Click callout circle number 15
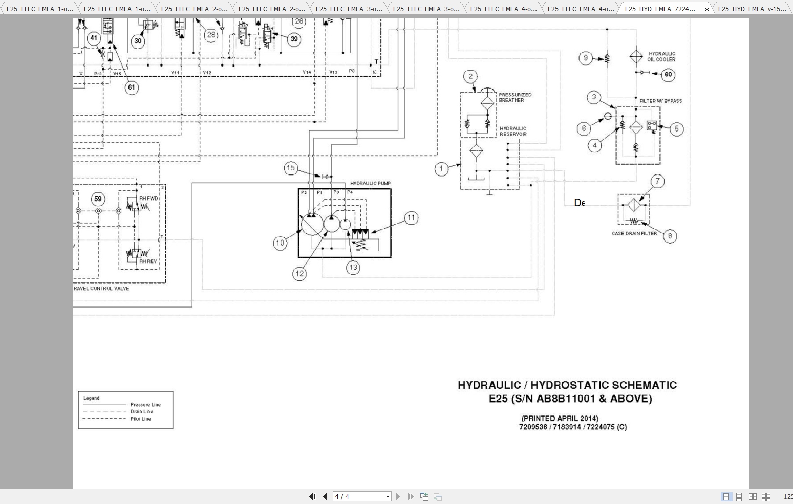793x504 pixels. click(x=291, y=168)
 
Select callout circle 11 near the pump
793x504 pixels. click(x=411, y=218)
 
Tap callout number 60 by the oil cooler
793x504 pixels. click(x=668, y=75)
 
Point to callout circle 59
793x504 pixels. click(x=98, y=199)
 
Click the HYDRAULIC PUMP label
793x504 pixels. click(x=370, y=183)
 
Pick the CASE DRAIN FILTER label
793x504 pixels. click(x=634, y=234)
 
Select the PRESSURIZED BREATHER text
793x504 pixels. click(x=515, y=98)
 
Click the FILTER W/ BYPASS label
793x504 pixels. click(x=660, y=101)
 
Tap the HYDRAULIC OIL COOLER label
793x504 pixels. click(x=661, y=56)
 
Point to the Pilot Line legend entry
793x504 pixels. click(x=140, y=419)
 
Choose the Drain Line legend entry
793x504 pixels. click(x=141, y=411)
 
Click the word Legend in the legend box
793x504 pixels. click(x=92, y=398)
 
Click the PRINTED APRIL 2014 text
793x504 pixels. click(x=560, y=418)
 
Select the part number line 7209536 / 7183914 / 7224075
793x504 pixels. click(x=572, y=427)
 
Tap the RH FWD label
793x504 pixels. click(x=148, y=199)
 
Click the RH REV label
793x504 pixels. click(x=148, y=261)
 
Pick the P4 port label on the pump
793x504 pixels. click(x=350, y=192)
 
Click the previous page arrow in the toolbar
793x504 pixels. click(x=325, y=496)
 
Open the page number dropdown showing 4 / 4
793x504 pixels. click(x=388, y=496)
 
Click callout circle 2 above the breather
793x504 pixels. click(x=470, y=77)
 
